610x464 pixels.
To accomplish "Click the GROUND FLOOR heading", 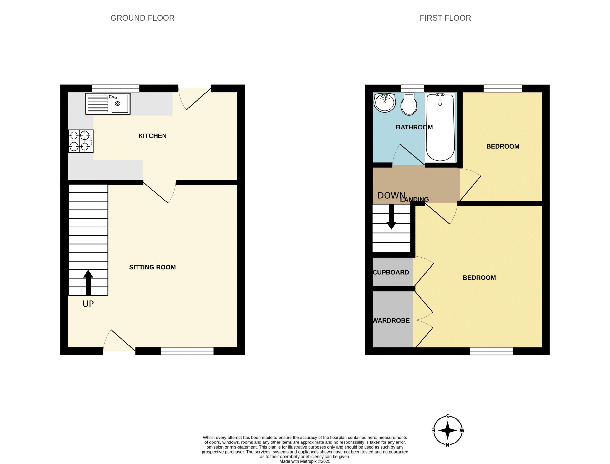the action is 142,18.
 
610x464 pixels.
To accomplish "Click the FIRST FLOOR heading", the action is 445,18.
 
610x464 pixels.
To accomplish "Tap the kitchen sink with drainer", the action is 108,103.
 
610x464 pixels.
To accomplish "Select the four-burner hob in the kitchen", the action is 81,141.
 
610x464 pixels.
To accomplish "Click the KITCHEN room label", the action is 152,136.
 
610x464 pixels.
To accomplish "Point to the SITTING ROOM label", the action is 152,267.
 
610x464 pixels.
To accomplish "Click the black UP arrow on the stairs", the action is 88,283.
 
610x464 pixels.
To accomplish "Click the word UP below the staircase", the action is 88,304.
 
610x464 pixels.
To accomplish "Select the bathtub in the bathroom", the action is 440,127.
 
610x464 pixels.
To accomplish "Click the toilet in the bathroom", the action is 409,104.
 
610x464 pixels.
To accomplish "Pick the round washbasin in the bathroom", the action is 385,103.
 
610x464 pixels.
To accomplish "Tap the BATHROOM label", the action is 414,127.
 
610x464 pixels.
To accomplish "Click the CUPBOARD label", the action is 391,272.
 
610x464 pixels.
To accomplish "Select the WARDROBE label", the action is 391,320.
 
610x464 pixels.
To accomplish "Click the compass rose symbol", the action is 448,430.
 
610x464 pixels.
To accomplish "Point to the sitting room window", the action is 187,351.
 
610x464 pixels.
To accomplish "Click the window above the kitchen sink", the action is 116,88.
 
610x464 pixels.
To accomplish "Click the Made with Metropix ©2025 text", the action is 305,461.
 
